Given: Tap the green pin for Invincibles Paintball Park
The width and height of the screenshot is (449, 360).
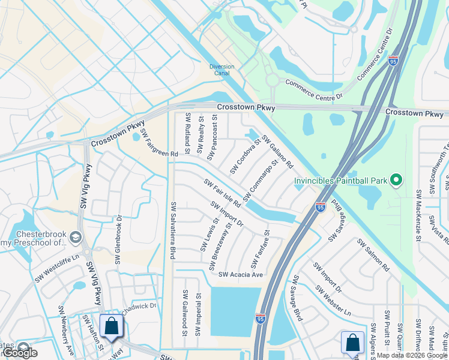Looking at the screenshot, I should (x=396, y=179).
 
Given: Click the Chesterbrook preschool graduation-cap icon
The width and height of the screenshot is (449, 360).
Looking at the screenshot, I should (x=75, y=237).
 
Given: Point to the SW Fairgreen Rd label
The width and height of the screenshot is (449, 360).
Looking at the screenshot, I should (x=159, y=142).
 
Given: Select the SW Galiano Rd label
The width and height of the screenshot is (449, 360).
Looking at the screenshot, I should (x=277, y=152).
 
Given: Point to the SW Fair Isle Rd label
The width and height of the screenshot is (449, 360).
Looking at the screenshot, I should (x=222, y=193).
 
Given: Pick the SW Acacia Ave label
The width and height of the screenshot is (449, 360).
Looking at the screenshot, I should (x=241, y=275).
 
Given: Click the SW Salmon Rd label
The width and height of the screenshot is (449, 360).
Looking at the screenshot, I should (x=373, y=255).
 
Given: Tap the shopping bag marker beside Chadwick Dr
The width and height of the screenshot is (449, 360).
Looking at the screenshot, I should (x=111, y=327).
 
